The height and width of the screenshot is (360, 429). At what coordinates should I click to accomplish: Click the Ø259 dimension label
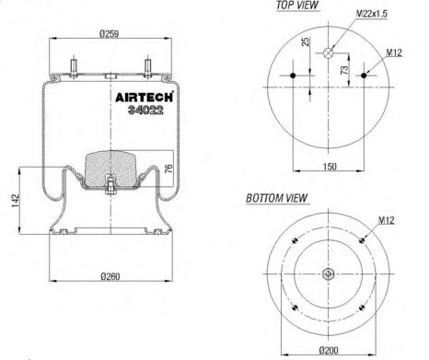(109, 33)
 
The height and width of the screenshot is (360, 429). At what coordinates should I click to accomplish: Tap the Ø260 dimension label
(110, 276)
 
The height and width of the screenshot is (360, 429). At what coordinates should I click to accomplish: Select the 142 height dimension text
(16, 200)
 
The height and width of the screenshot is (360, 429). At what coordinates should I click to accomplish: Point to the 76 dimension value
(168, 168)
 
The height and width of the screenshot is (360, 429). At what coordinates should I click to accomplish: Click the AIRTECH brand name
(144, 97)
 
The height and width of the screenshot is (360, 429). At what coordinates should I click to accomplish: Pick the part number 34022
(145, 110)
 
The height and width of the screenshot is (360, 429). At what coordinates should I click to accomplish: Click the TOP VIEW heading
(297, 6)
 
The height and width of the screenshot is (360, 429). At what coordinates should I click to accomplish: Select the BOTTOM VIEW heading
(276, 198)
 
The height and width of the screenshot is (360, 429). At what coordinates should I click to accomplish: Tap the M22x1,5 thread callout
(372, 14)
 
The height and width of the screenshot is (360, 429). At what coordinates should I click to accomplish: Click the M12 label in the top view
(394, 52)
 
